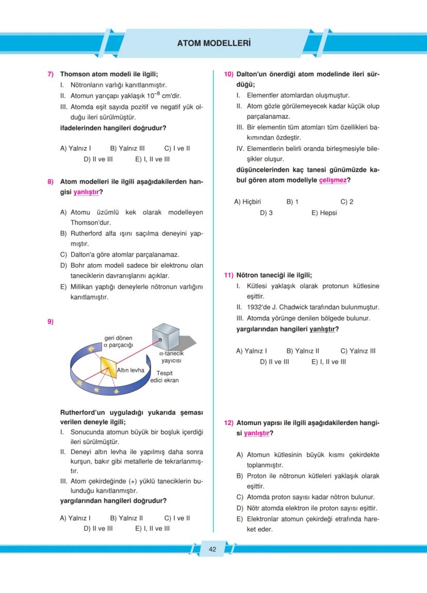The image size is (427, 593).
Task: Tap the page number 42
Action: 212,549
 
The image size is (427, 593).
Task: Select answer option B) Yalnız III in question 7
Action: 127,148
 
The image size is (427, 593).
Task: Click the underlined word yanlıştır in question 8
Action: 85,192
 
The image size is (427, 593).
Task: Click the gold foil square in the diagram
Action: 109,368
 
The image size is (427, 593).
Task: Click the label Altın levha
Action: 130,370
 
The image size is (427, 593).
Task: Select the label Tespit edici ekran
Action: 165,377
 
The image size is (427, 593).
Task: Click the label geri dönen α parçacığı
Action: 119,342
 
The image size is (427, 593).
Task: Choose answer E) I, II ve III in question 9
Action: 152,529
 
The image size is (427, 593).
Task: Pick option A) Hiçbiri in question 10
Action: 248,202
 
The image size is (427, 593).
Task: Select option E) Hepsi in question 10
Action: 324,213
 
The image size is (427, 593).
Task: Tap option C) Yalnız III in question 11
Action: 358,351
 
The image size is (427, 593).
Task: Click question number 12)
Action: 229,423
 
